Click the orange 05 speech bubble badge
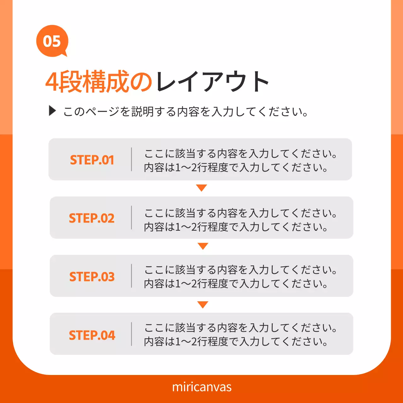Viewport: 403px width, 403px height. (x=52, y=41)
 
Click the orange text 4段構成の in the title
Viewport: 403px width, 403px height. (x=99, y=82)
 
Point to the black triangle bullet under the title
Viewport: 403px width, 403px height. (x=52, y=111)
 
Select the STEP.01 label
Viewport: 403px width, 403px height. (x=92, y=160)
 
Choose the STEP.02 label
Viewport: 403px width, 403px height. (x=92, y=218)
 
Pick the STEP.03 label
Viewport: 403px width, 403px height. (x=92, y=276)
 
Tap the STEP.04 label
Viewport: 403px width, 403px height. (x=92, y=335)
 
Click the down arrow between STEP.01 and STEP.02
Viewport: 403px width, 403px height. (x=201, y=188)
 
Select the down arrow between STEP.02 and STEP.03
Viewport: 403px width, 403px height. (x=203, y=246)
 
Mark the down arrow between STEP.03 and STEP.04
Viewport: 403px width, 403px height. (x=203, y=304)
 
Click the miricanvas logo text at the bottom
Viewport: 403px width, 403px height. (x=201, y=387)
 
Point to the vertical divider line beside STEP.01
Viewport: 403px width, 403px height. (x=132, y=159)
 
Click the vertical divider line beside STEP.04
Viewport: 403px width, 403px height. (x=132, y=334)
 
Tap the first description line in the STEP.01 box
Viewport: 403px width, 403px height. (x=241, y=154)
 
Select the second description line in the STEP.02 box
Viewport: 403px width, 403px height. (x=236, y=227)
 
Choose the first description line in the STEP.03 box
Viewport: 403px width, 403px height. (x=241, y=270)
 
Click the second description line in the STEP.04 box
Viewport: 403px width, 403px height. (x=236, y=341)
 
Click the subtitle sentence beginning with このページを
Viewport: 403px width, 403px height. (x=186, y=111)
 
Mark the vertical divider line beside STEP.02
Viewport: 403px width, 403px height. (x=132, y=218)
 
